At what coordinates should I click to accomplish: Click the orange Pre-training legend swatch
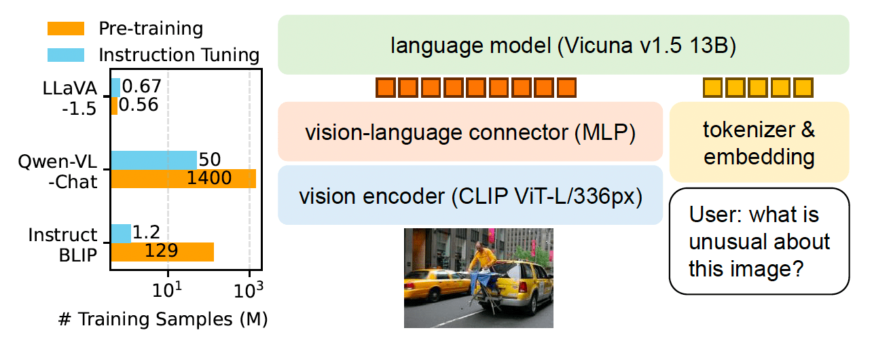[66, 29]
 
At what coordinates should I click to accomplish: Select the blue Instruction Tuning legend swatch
[66, 55]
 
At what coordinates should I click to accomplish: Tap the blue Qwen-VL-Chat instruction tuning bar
[153, 160]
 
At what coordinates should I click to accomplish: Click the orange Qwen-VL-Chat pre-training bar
[183, 179]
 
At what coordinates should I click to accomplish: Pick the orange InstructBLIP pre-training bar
[162, 252]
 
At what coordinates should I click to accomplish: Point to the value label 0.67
[142, 86]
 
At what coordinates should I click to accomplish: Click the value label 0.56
[139, 105]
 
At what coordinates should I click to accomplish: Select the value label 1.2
[147, 232]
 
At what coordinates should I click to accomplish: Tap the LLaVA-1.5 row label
[70, 98]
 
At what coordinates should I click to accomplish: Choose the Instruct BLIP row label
[62, 245]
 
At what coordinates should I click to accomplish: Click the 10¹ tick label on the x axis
[167, 290]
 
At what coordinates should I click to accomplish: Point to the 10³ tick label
[249, 290]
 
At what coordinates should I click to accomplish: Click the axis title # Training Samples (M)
[163, 319]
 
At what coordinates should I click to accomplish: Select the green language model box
[563, 45]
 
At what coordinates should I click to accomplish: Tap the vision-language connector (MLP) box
[470, 132]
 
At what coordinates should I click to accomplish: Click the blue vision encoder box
[470, 195]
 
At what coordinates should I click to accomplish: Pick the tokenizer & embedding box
[759, 142]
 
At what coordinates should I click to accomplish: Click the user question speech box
[759, 241]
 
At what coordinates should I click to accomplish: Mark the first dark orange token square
[386, 88]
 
